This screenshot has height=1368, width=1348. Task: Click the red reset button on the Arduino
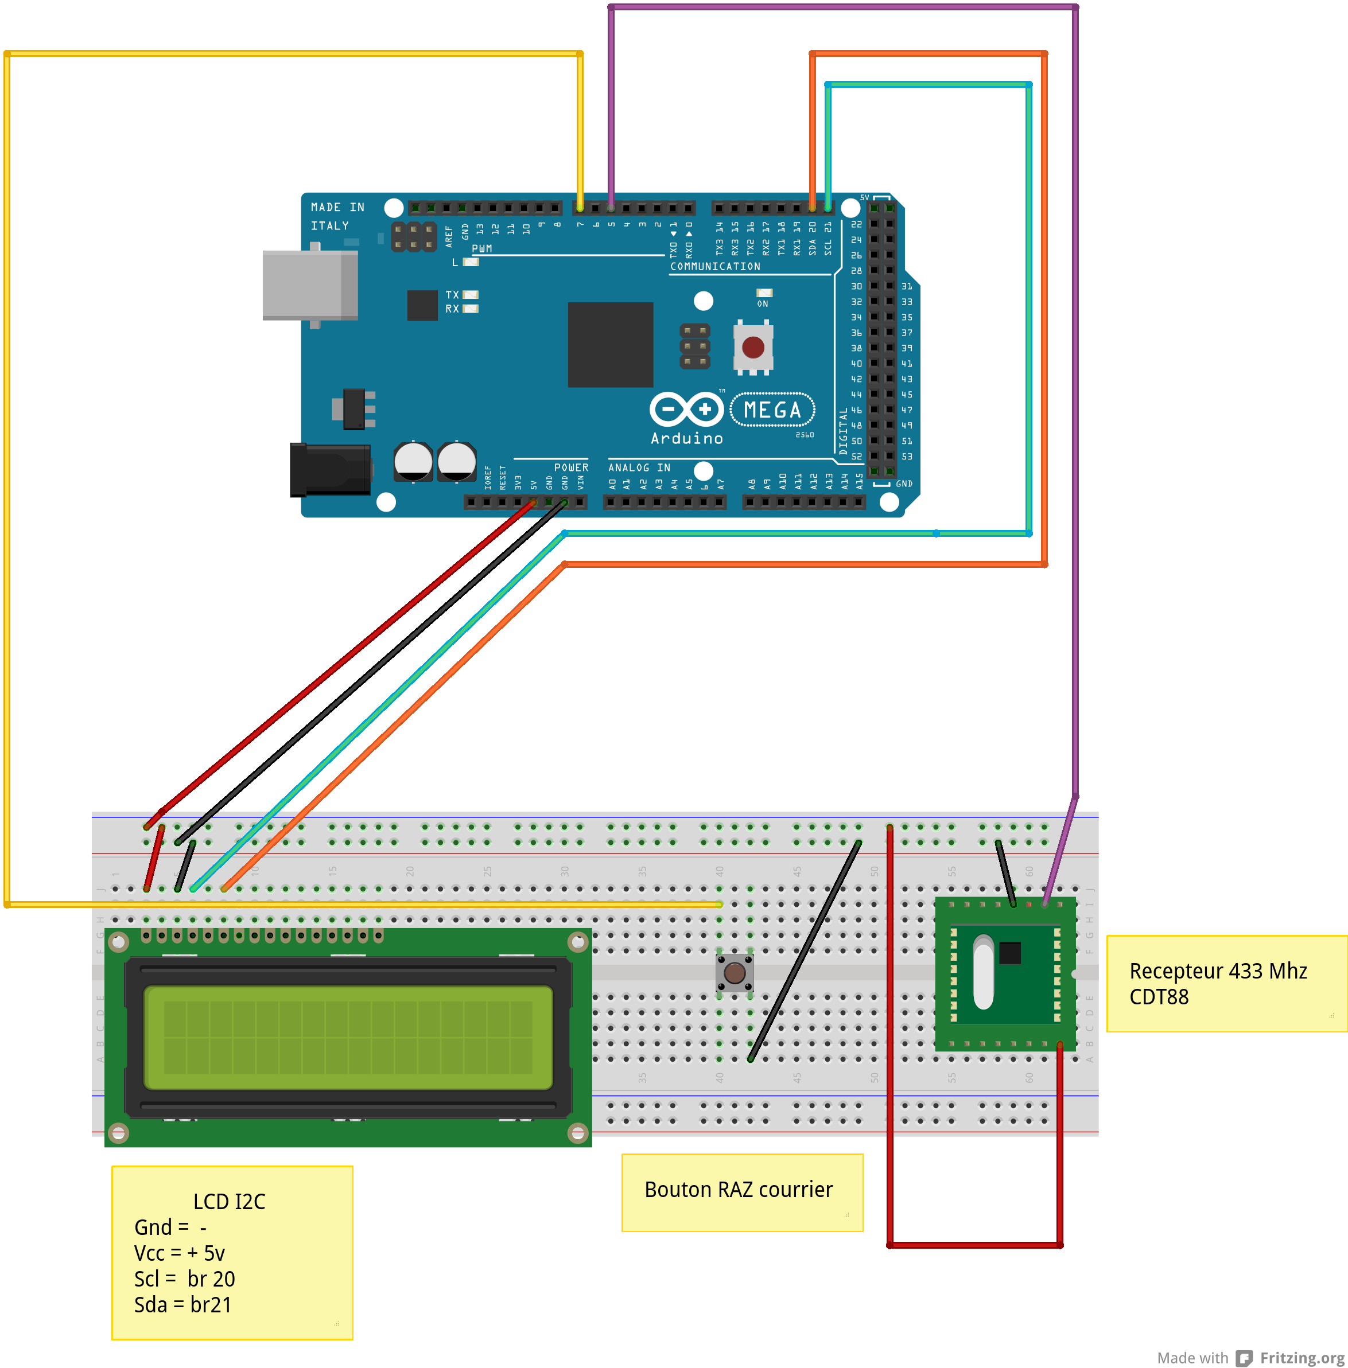(752, 347)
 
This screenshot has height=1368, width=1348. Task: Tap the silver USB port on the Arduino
(310, 285)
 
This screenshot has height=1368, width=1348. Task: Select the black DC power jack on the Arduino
(331, 469)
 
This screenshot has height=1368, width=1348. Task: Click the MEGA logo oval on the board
(772, 410)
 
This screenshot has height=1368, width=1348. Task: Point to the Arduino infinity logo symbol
(686, 409)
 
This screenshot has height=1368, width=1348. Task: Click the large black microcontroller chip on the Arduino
(610, 345)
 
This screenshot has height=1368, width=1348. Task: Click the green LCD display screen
(348, 1038)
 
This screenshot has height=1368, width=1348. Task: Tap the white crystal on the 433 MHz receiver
(984, 972)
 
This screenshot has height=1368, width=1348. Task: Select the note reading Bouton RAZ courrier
(739, 1190)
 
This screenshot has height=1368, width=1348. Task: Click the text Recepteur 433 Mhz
(1218, 971)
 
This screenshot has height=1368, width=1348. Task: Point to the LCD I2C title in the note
(230, 1202)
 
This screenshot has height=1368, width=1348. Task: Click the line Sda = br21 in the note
(182, 1304)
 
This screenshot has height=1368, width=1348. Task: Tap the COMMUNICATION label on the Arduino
(715, 266)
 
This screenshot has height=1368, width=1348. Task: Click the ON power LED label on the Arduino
(763, 303)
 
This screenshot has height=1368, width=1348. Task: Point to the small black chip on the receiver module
(1009, 953)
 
